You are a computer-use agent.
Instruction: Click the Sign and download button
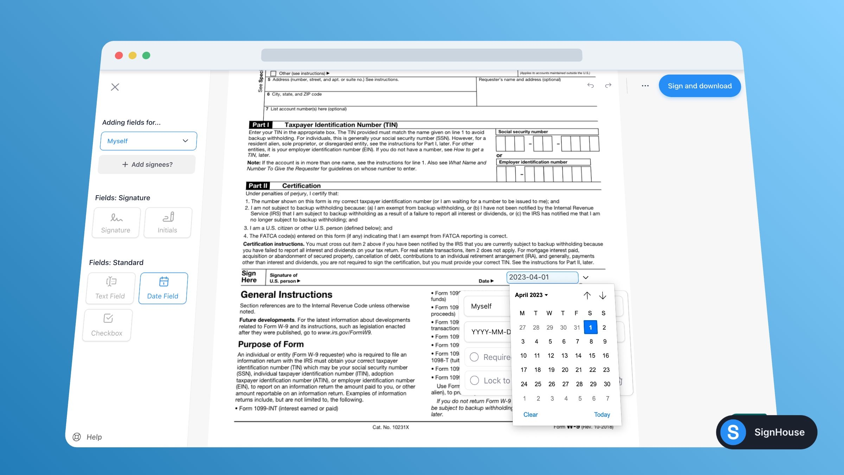tap(699, 86)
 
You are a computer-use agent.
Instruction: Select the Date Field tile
tap(163, 288)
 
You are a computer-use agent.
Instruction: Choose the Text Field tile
tap(110, 288)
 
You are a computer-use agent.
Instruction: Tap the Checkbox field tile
tap(107, 325)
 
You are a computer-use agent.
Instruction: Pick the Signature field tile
tap(116, 223)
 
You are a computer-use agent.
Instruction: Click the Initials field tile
tap(168, 223)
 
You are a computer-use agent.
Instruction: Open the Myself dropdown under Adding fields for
tap(148, 141)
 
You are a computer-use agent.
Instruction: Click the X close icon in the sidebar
tap(115, 87)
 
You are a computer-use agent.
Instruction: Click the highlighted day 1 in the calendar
tap(590, 327)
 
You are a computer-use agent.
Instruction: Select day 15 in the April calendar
tap(592, 355)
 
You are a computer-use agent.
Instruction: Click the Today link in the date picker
tap(602, 414)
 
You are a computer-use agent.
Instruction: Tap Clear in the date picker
tap(530, 414)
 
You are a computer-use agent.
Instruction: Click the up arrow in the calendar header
tap(587, 295)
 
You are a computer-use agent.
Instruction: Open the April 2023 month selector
tap(531, 295)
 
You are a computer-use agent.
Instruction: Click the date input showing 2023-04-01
tap(542, 277)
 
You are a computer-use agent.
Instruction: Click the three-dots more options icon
tap(645, 86)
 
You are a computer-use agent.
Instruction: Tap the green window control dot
tap(146, 56)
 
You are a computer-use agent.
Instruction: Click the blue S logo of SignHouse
tap(733, 432)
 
